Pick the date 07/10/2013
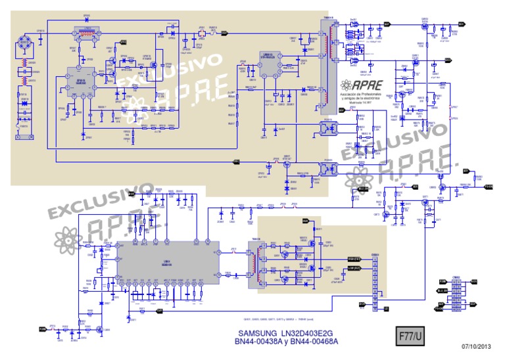tap(476, 346)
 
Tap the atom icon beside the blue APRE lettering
tap(347, 85)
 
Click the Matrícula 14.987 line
tap(362, 102)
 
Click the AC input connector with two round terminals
tap(25, 139)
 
